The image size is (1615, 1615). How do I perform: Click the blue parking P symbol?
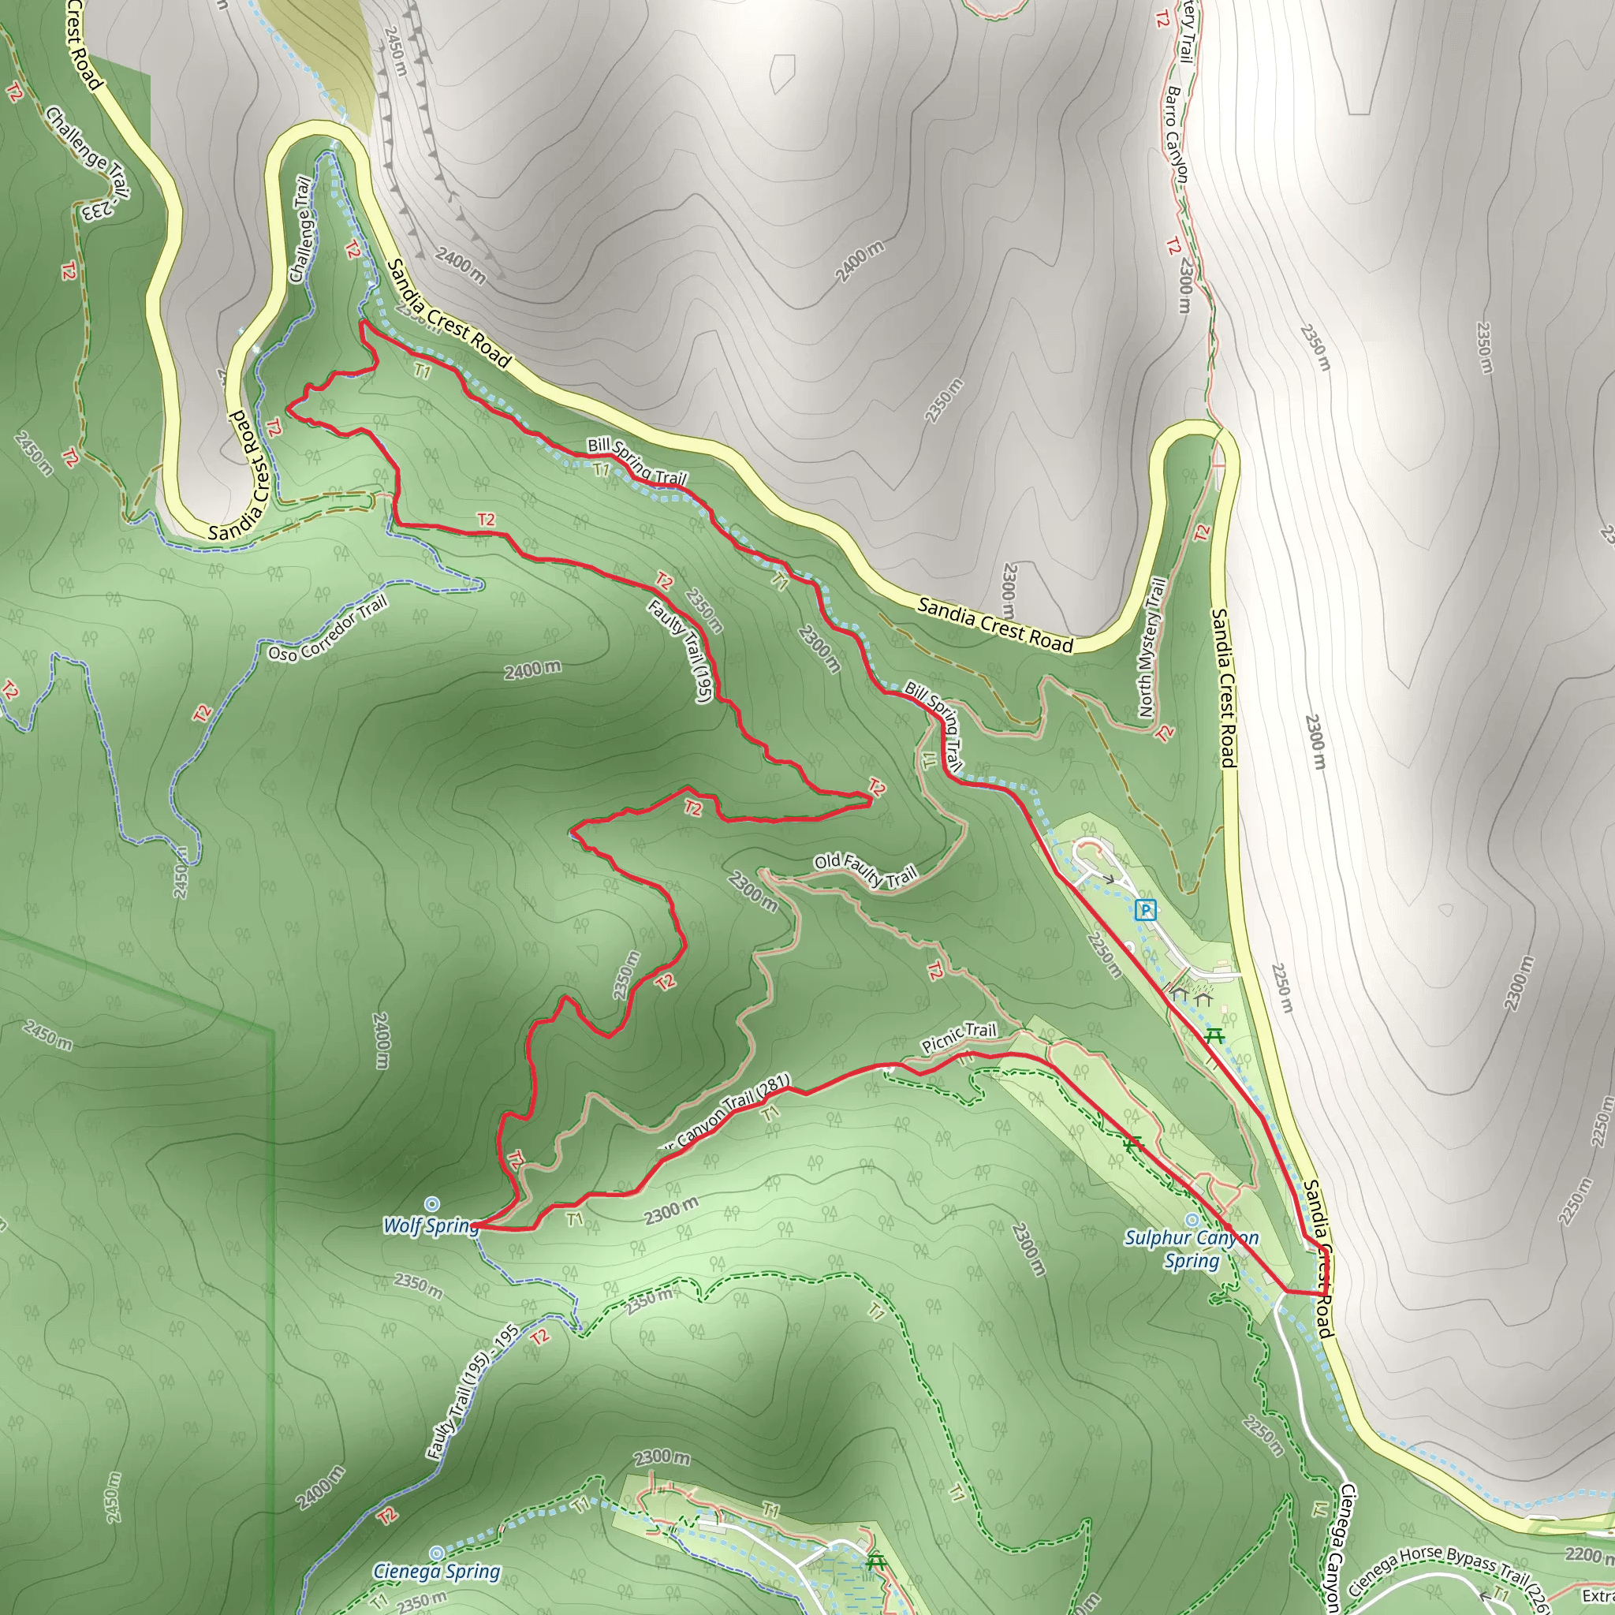coord(1146,909)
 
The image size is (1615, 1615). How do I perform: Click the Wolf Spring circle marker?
coord(431,1203)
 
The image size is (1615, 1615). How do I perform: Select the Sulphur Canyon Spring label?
coord(1192,1249)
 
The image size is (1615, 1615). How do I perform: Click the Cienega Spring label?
coord(436,1572)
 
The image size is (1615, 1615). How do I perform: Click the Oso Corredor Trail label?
coord(328,629)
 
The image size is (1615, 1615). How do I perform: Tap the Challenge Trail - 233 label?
coord(88,163)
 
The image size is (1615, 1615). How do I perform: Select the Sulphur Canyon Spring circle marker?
coord(1192,1221)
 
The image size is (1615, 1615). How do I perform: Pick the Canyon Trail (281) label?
coord(725,1111)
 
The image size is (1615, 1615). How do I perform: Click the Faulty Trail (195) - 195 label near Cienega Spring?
coord(472,1392)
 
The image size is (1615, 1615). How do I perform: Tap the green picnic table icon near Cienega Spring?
coord(876,1561)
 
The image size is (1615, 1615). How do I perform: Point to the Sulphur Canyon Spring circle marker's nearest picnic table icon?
coord(1132,1144)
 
